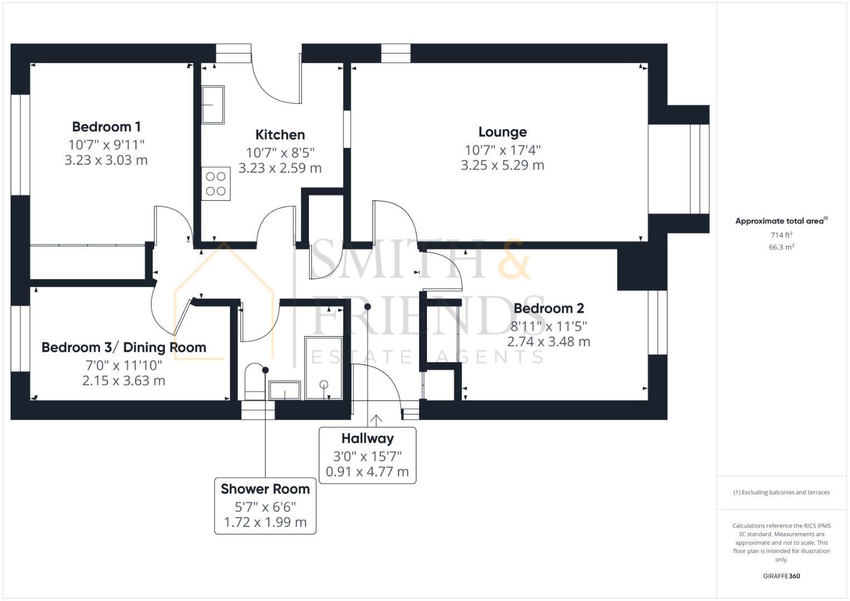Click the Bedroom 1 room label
106,126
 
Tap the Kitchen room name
280,135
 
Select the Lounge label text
502,132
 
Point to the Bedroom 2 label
548,308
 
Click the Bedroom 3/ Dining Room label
124,348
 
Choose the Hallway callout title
367,439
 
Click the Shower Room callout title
265,489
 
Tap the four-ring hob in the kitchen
215,184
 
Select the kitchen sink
213,105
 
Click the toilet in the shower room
256,381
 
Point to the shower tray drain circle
323,384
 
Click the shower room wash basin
285,391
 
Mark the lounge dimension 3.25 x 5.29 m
502,165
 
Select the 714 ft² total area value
781,235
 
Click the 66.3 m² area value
781,247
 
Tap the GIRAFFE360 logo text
781,576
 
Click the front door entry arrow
376,420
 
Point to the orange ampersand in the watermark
513,260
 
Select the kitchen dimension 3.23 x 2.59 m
280,168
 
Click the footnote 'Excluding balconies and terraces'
781,492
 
